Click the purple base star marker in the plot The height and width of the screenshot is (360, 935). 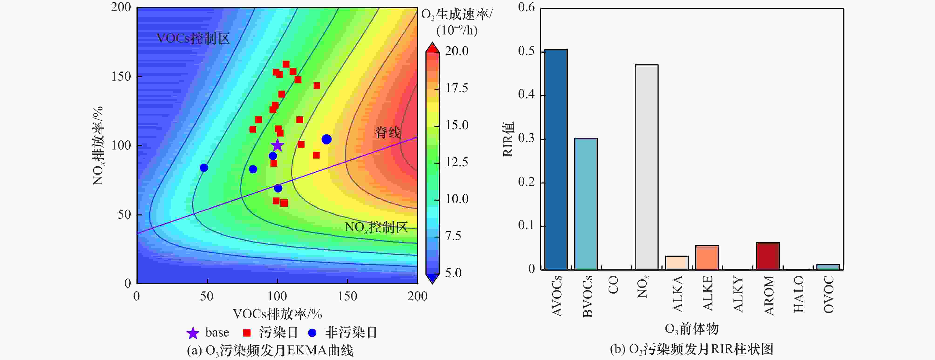coord(277,146)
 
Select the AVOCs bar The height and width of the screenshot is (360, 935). coord(556,160)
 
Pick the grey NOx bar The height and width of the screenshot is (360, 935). coord(647,167)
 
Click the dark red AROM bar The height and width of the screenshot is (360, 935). coord(768,256)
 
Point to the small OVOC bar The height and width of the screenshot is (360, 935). coord(828,267)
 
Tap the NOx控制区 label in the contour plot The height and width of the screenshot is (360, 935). coord(376,228)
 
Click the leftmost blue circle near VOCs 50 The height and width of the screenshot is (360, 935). coord(204,168)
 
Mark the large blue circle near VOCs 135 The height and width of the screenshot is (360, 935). coord(326,139)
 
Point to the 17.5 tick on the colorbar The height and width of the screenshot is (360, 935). coord(457,88)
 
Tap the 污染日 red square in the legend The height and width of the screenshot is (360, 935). coord(247,333)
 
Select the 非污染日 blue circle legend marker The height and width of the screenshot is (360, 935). coord(312,333)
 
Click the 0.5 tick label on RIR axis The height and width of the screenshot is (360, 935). coord(526,51)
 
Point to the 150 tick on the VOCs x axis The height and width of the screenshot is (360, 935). coord(347,296)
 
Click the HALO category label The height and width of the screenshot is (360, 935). coord(799,294)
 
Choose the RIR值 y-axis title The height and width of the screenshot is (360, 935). coord(508,139)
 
